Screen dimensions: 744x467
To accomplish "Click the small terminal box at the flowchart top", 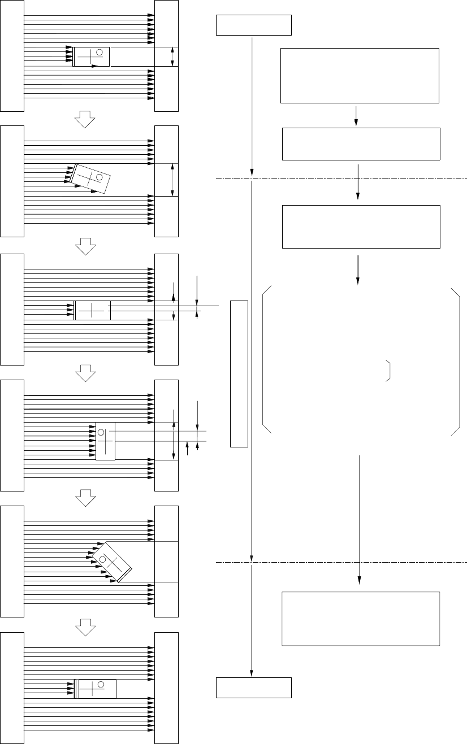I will tap(254, 25).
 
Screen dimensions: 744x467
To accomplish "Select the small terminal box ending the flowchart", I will tap(254, 688).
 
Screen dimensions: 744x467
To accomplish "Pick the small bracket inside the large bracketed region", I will tap(389, 370).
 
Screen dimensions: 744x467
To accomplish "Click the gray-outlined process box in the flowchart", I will tap(361, 618).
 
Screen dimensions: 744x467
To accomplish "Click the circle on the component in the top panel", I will tap(100, 53).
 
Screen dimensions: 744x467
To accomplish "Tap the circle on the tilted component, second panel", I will tap(100, 177).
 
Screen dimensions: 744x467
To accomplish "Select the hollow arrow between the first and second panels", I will tap(84, 118).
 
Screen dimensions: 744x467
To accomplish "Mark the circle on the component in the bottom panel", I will tap(100, 685).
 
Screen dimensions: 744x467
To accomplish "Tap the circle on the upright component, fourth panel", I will tap(101, 433).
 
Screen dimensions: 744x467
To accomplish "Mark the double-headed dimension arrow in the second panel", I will tap(172, 180).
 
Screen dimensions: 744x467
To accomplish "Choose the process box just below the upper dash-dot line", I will tap(361, 227).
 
